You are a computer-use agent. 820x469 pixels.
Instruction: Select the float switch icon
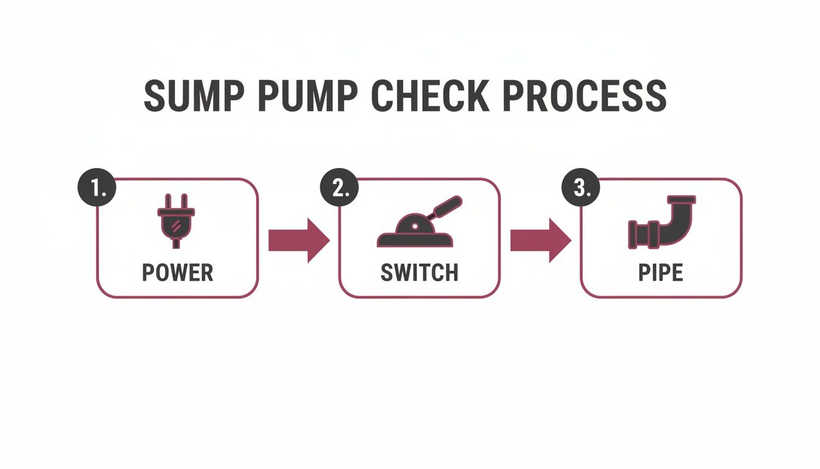(x=417, y=226)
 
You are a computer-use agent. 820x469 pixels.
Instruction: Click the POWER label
(x=178, y=273)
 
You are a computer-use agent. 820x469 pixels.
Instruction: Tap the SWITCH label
(x=419, y=273)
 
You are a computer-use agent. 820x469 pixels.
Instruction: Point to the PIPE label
(x=661, y=273)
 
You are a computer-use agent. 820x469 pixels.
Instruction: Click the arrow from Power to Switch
(x=298, y=241)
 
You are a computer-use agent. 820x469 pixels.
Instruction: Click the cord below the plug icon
(x=176, y=242)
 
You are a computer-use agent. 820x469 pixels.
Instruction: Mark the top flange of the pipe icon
(x=682, y=200)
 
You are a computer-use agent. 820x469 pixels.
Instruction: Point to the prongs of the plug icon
(x=176, y=201)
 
